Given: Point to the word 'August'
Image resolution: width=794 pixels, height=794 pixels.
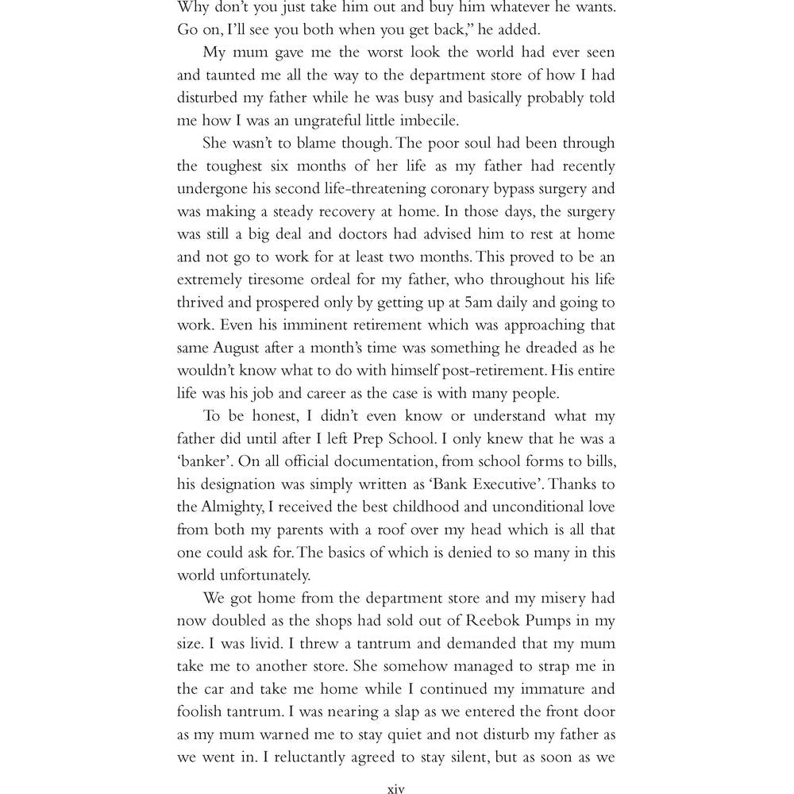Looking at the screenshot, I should [x=236, y=348].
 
